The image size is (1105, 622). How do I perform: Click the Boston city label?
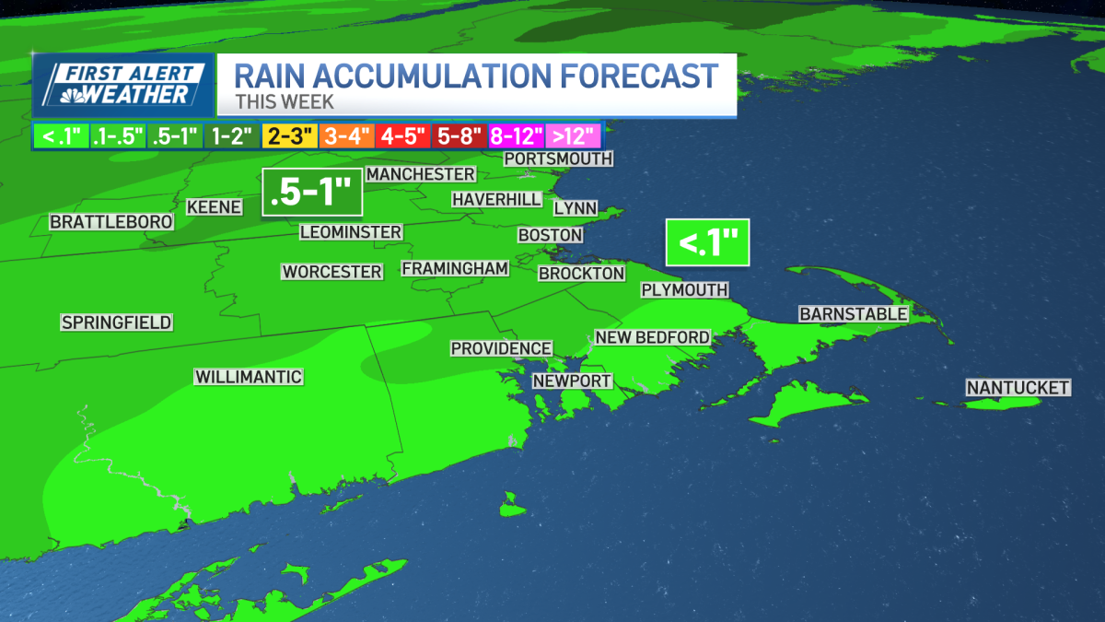point(550,235)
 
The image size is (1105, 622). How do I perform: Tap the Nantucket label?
point(1018,388)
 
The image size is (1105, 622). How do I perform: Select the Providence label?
point(501,348)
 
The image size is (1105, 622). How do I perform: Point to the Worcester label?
point(331,272)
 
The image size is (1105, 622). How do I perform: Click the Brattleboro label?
point(111,222)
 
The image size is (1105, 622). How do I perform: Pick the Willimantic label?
point(249,377)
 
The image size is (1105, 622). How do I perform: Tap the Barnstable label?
point(853,314)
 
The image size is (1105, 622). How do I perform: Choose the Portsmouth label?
point(558,158)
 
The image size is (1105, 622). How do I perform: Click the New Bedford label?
point(652,337)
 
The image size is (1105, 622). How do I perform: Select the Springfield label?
point(116,323)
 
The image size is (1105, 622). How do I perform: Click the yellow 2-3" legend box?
point(289,137)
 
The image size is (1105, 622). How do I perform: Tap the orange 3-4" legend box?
point(345,137)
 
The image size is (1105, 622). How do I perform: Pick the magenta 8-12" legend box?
point(516,137)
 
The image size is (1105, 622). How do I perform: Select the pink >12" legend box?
point(573,137)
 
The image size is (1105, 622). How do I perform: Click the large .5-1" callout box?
point(311,192)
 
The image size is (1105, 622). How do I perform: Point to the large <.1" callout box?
point(707,243)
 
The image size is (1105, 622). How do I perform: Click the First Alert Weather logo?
point(122,86)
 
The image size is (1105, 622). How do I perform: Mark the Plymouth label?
point(684,289)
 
